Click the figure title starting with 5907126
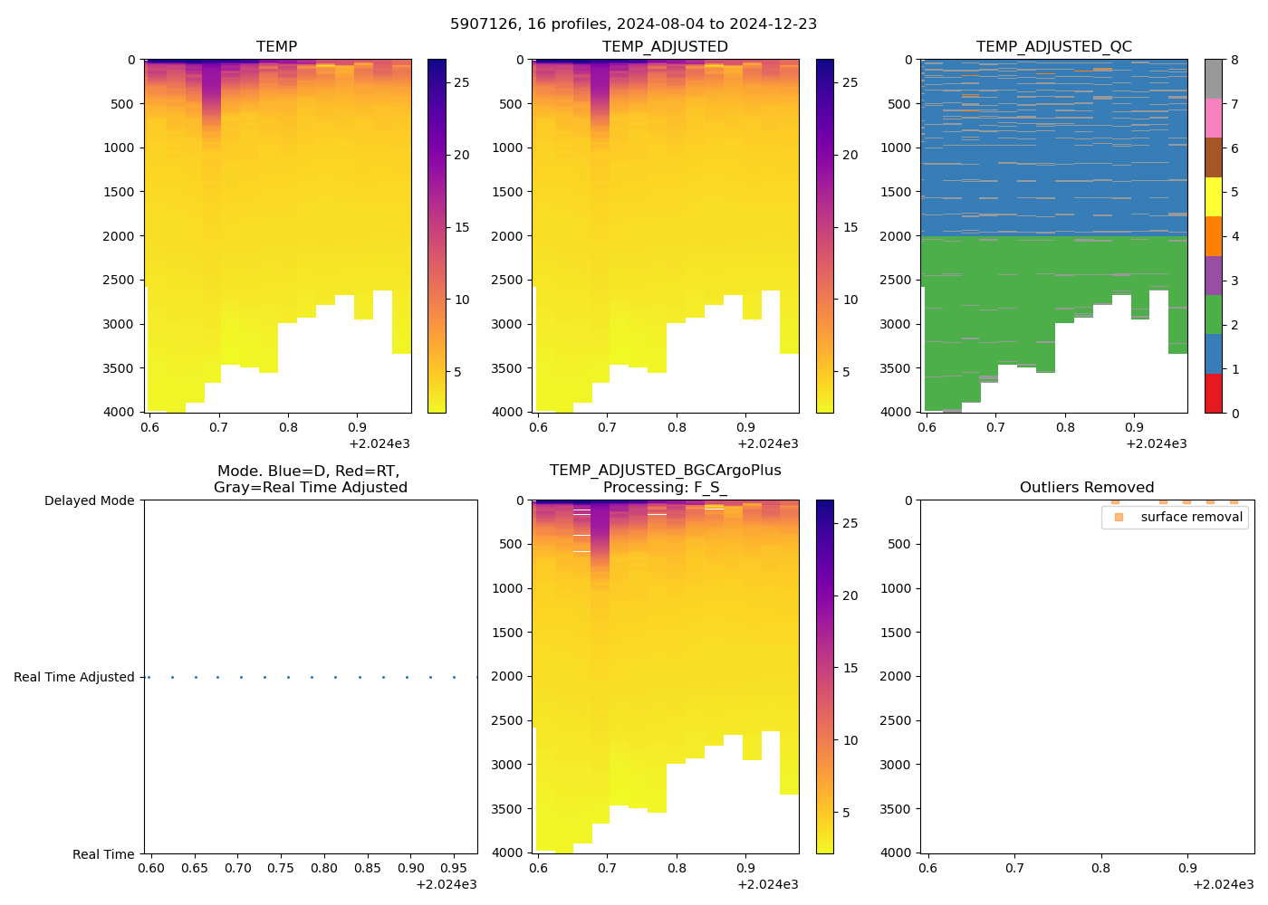coord(633,24)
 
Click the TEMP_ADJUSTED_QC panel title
coord(1053,46)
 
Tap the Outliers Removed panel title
coord(1086,488)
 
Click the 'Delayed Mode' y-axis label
coord(89,500)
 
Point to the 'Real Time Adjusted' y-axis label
coord(73,677)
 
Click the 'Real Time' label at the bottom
coord(103,854)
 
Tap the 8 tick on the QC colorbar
coord(1234,60)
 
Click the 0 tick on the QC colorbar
coord(1234,413)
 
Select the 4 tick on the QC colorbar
coord(1234,236)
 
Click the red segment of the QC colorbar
coord(1214,394)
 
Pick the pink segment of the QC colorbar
coord(1214,119)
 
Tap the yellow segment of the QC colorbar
coord(1214,197)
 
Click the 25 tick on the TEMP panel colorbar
coord(461,82)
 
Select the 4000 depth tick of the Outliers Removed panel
coord(897,853)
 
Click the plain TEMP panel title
coord(276,46)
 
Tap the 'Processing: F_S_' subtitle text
coord(665,488)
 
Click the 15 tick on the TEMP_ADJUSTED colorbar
coord(850,227)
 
